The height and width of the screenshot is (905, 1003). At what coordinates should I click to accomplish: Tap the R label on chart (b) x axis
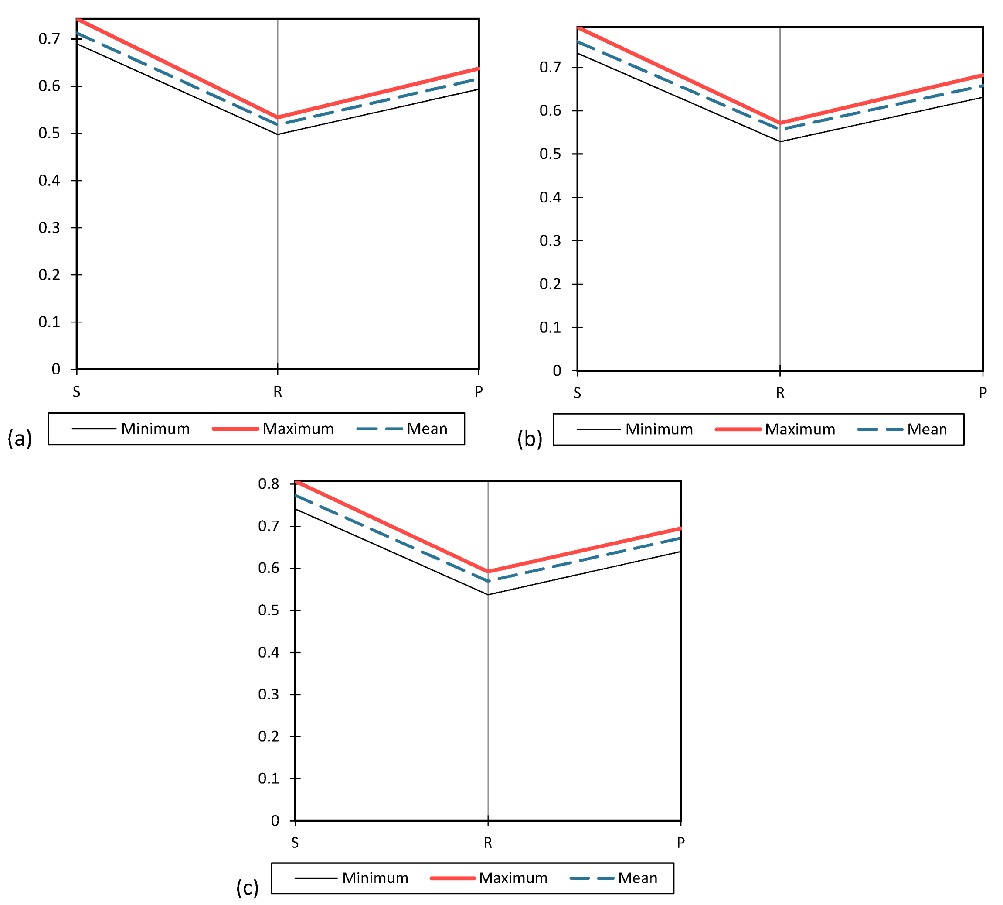pyautogui.click(x=780, y=393)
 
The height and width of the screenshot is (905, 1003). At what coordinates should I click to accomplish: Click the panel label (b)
pyautogui.click(x=530, y=439)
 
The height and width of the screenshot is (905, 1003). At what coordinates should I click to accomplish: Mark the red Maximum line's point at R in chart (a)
pyautogui.click(x=277, y=117)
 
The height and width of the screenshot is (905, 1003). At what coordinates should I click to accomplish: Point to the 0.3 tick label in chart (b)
pyautogui.click(x=550, y=241)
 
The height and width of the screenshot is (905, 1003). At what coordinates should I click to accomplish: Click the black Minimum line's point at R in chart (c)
pyautogui.click(x=488, y=595)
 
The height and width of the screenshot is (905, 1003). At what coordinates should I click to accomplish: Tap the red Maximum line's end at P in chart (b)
pyautogui.click(x=982, y=75)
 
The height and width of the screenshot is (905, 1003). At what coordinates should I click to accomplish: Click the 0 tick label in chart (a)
pyautogui.click(x=56, y=369)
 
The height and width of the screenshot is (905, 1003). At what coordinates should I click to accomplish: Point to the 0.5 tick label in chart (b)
pyautogui.click(x=550, y=154)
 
